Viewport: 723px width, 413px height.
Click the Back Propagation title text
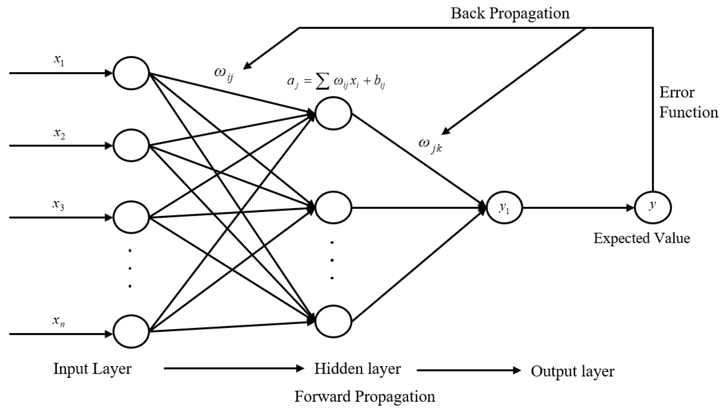coord(510,14)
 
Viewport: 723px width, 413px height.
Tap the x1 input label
coord(59,60)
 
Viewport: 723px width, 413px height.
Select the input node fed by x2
coord(131,145)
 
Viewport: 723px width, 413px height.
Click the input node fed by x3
coord(131,217)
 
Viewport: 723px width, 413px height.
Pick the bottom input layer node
coord(131,331)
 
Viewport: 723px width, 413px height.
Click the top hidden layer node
coord(333,113)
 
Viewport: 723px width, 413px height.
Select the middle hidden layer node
coord(333,208)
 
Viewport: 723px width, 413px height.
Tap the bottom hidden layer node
coord(333,321)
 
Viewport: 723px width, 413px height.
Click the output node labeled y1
coord(504,208)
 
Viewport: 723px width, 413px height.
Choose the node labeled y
coord(653,208)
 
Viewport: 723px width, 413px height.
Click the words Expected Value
coord(642,238)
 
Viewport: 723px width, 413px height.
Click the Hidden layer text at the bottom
coord(358,369)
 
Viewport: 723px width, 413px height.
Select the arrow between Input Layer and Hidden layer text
coord(234,369)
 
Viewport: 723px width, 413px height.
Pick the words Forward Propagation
coord(365,396)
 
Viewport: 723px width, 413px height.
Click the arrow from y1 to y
coord(578,208)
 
